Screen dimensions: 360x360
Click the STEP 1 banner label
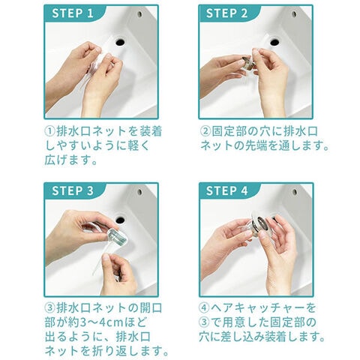73,13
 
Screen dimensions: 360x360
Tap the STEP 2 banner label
226,13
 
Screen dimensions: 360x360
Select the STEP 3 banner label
73,191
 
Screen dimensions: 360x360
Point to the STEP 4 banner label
226,191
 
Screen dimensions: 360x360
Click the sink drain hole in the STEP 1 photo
120,42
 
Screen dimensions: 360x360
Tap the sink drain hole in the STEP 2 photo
274,42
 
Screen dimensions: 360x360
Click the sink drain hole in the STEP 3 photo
120,220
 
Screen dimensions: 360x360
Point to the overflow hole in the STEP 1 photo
139,14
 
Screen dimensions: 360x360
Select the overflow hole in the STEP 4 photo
295,192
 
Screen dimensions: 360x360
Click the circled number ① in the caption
49,131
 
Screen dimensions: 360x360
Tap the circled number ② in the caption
205,131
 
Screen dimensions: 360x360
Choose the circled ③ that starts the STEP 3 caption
49,307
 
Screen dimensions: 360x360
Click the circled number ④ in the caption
204,307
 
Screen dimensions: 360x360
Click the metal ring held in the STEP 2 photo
247,62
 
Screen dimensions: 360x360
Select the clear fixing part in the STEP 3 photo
116,236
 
